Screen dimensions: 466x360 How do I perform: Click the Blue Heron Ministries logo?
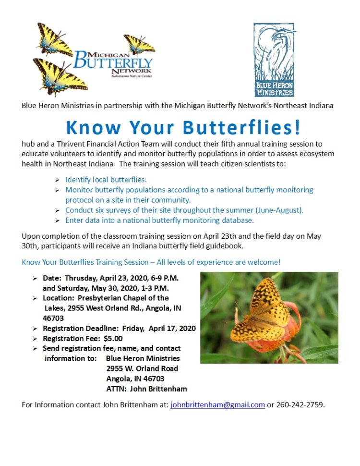coord(274,60)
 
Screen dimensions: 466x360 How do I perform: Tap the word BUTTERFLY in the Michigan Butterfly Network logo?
coord(114,62)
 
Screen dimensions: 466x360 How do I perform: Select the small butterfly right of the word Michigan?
coord(139,44)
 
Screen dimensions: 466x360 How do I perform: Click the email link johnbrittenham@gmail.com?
coord(217,405)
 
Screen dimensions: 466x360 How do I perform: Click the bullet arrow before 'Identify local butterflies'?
coord(58,180)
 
